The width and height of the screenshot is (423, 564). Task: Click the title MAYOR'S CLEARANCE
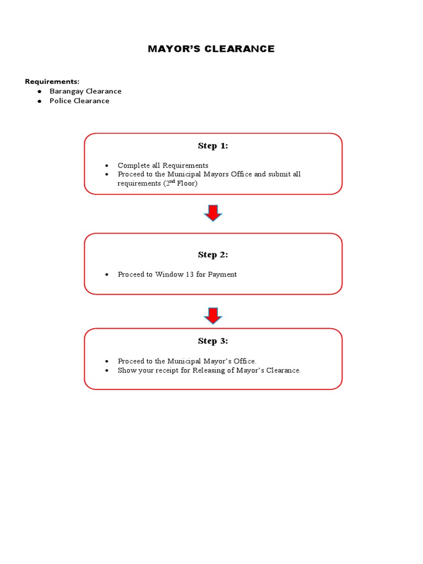[211, 49]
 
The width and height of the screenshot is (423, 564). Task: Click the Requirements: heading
[52, 82]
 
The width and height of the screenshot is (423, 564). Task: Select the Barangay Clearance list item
[85, 91]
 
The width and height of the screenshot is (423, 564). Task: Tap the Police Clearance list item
[79, 101]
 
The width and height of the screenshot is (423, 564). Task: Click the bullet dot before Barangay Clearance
[39, 91]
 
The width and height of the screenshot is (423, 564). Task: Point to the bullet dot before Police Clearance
[39, 101]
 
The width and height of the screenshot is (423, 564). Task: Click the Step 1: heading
[213, 146]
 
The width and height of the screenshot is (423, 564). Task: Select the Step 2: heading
[213, 254]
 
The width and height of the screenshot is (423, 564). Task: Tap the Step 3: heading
[213, 341]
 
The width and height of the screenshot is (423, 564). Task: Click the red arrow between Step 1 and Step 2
[213, 213]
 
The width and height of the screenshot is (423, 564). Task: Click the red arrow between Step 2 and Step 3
[213, 316]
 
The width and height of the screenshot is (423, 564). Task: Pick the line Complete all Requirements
[163, 165]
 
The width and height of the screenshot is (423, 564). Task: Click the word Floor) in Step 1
[187, 183]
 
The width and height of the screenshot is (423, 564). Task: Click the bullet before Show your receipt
[107, 371]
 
